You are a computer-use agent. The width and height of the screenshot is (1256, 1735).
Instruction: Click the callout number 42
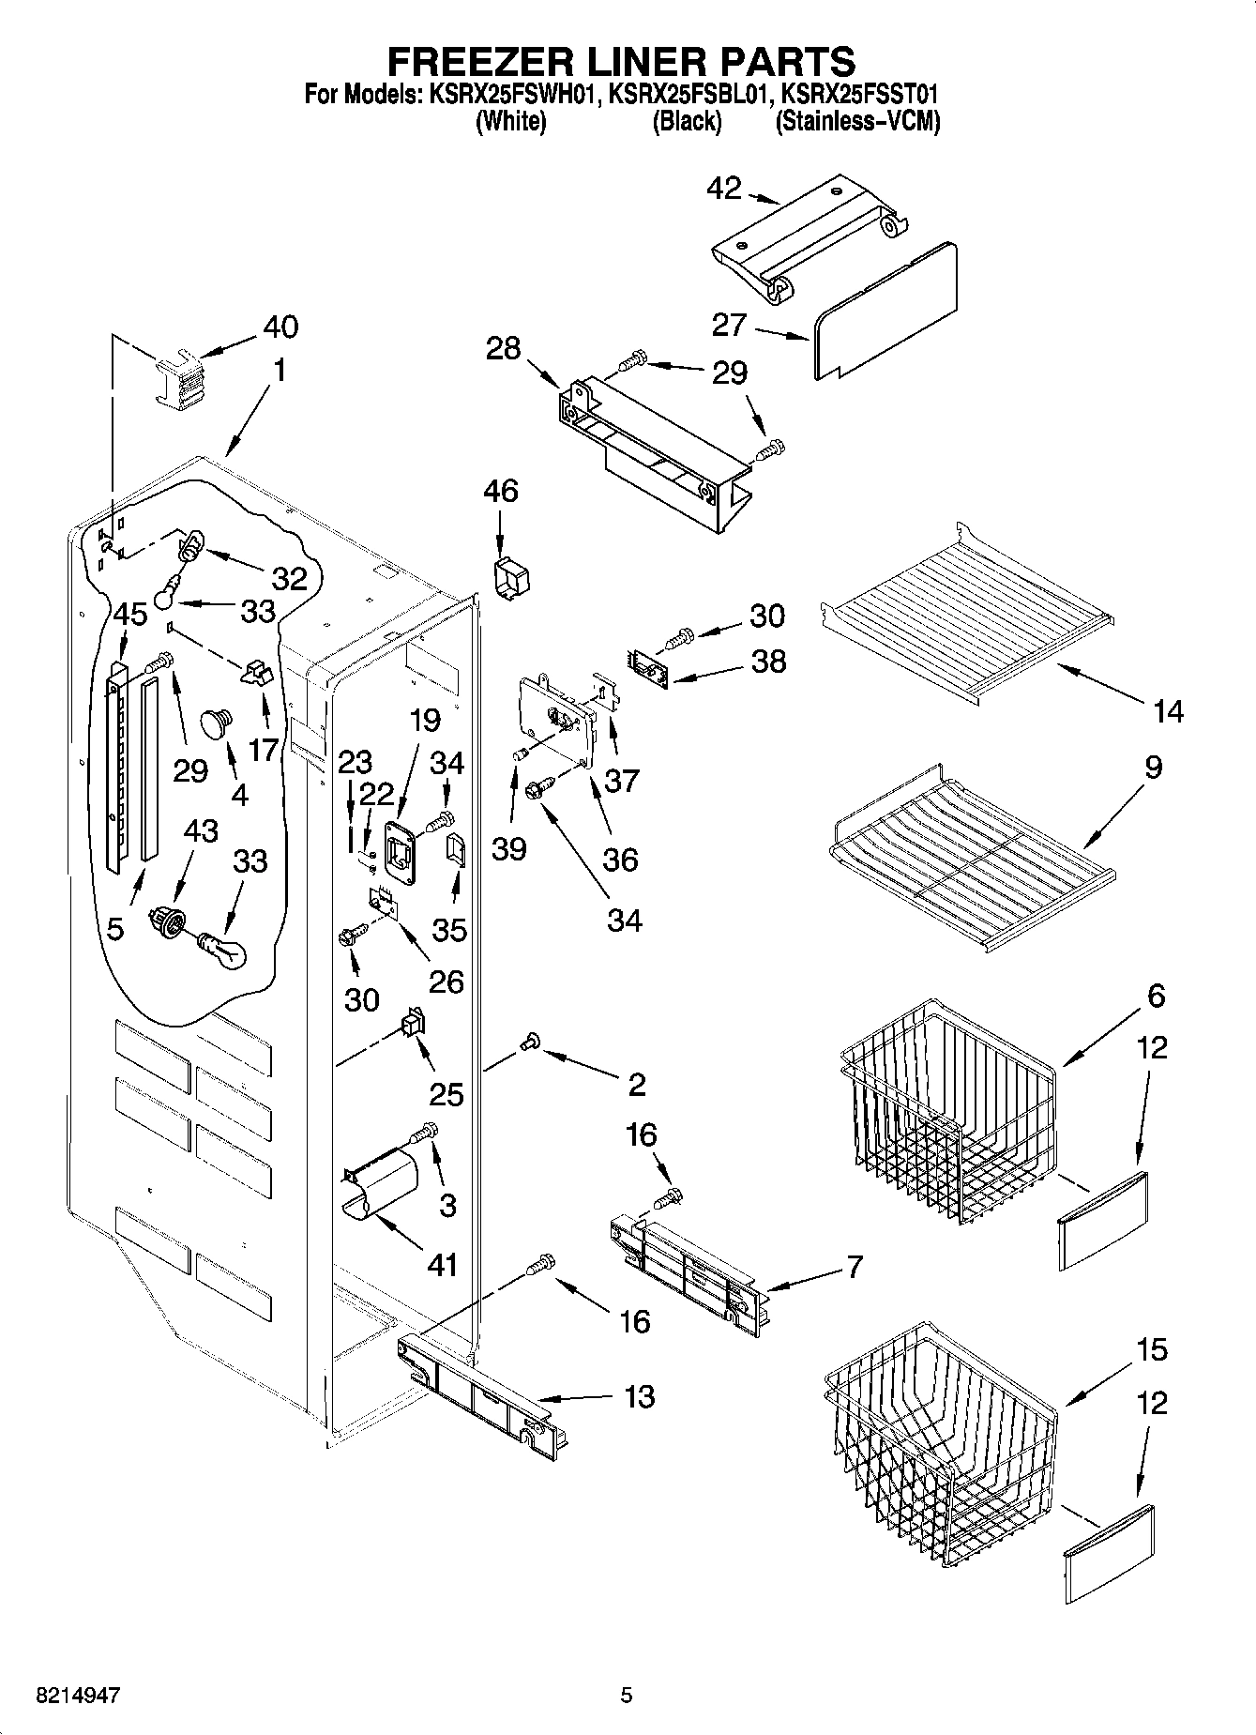point(723,189)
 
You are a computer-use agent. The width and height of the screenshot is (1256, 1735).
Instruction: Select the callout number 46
point(501,491)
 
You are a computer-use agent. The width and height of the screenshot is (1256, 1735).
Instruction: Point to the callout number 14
point(1169,712)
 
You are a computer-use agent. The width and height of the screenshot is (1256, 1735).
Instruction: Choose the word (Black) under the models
point(687,121)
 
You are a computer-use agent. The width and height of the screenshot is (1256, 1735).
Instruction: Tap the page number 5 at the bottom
point(627,1696)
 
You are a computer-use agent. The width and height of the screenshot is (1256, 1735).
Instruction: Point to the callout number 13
point(639,1397)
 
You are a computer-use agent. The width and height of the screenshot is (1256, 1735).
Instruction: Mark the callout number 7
point(854,1268)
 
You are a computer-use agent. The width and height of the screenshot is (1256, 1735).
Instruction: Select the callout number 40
point(280,327)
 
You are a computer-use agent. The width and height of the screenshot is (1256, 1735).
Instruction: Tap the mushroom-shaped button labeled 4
point(218,723)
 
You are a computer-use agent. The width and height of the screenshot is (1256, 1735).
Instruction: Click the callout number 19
point(425,720)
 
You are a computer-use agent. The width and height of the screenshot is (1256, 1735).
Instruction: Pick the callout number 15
point(1153,1350)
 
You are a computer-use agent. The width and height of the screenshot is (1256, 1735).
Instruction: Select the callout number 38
point(769,662)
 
